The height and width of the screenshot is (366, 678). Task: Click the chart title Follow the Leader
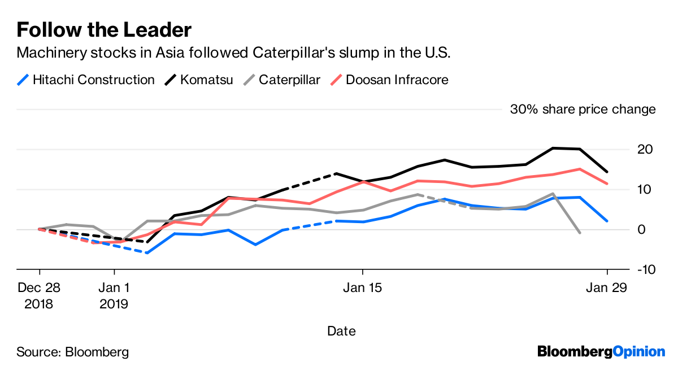tap(104, 29)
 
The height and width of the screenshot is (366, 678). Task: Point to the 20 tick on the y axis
tap(646, 149)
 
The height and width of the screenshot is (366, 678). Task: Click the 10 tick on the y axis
tap(646, 189)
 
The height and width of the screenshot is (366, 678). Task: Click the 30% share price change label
tap(583, 110)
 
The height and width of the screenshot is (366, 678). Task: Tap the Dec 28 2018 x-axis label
tap(38, 295)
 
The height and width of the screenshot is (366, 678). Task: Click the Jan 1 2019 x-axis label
tap(114, 295)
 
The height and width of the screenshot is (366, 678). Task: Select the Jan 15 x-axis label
tap(363, 287)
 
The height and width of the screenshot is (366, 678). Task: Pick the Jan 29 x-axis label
tap(607, 287)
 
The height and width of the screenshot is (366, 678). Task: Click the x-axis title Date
tap(341, 331)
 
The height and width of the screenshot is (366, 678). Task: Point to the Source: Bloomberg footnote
tap(72, 352)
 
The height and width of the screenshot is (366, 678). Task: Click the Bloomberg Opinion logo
tap(601, 351)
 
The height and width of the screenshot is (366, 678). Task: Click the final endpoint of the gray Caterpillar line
tap(580, 233)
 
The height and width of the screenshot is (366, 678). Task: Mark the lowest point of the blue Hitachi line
tap(147, 253)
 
